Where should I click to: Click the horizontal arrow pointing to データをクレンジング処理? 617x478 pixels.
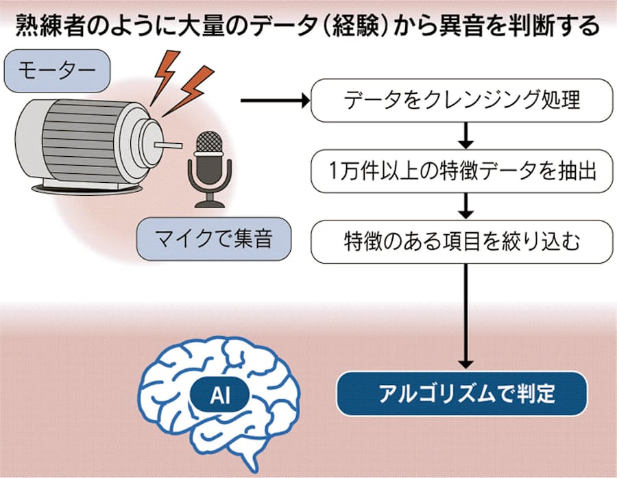click(274, 101)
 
